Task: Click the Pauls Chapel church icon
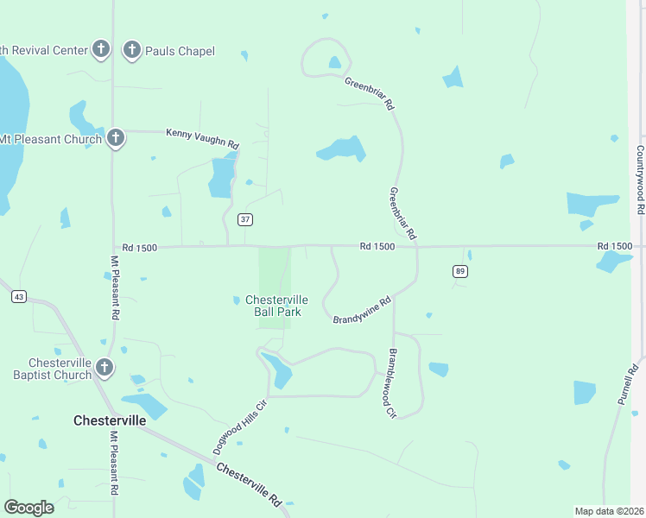tap(132, 50)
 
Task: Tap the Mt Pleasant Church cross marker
tap(115, 138)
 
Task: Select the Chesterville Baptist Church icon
tap(104, 368)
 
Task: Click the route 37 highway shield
tap(246, 219)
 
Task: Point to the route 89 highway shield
tap(460, 271)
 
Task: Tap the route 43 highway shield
tap(18, 296)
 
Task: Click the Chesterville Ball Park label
tap(277, 306)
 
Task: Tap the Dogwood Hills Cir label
tap(240, 428)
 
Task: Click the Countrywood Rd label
tap(640, 180)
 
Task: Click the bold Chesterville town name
tap(110, 420)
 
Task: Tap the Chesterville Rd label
tap(249, 484)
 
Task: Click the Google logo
tap(28, 508)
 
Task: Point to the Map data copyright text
tap(609, 511)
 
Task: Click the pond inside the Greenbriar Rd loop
tap(334, 62)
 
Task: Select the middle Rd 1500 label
tap(377, 247)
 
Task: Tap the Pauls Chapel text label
tap(180, 51)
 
